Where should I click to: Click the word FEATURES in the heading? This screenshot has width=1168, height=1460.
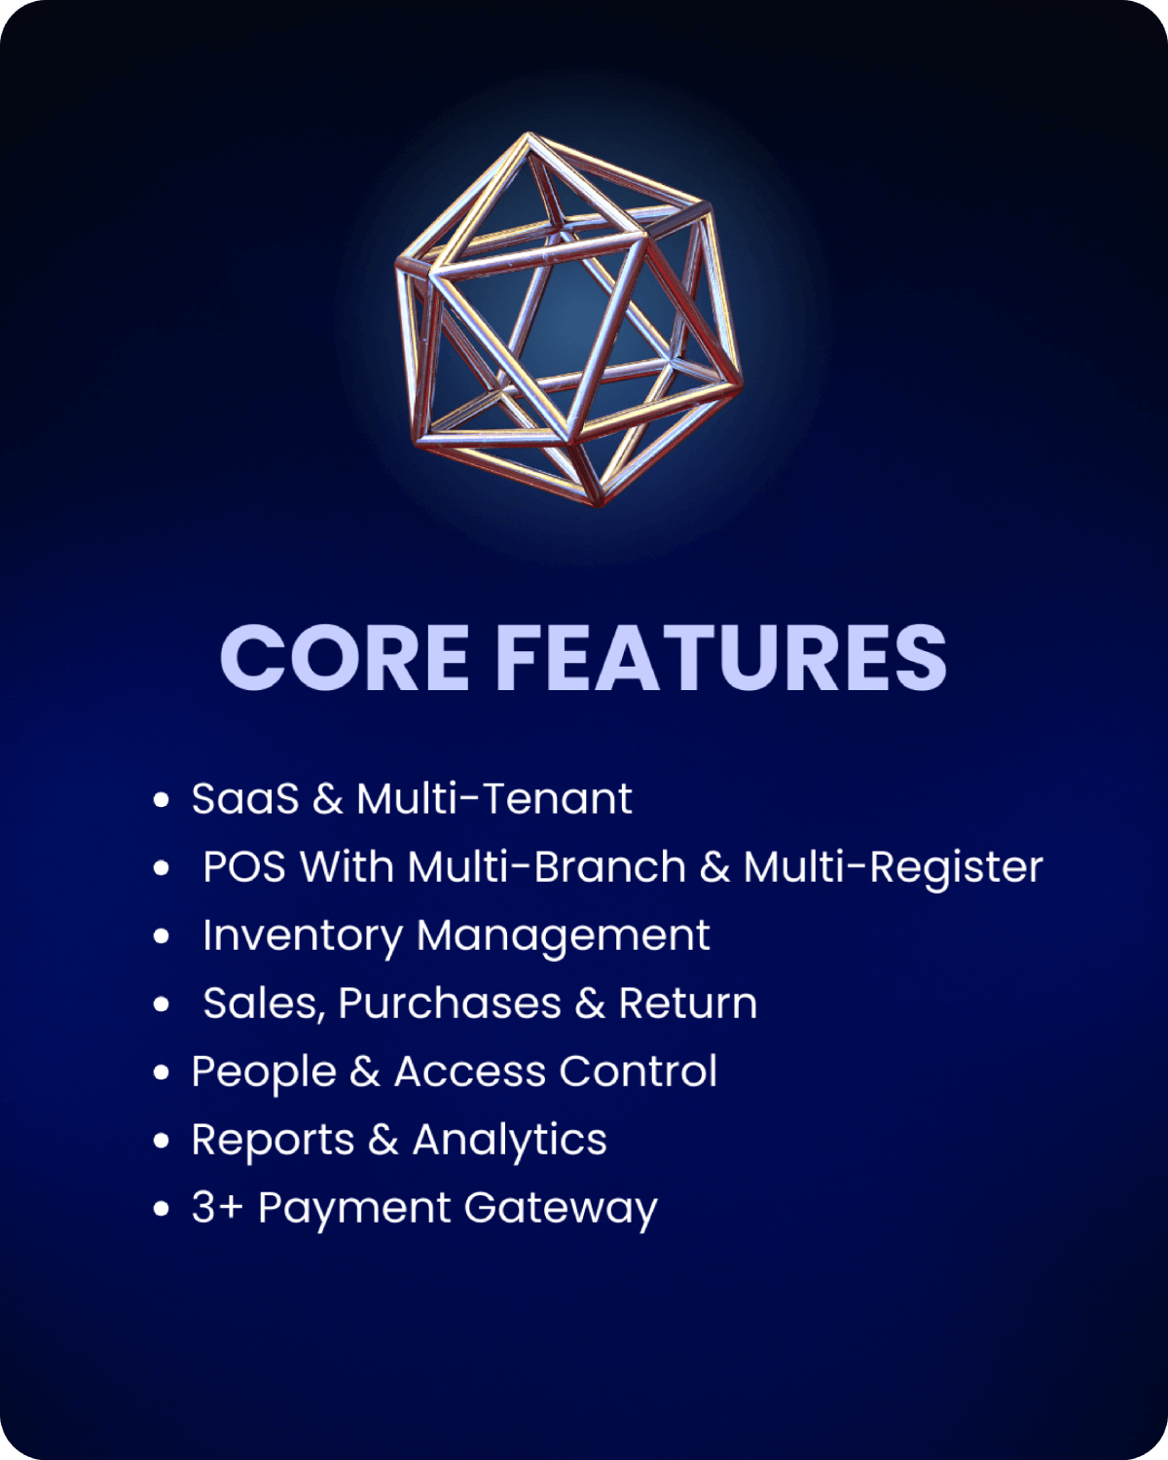tap(721, 657)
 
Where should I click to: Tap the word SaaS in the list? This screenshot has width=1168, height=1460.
tap(245, 798)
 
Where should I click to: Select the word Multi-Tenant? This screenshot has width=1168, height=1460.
tap(494, 798)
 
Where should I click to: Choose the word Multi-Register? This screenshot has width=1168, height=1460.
tap(894, 869)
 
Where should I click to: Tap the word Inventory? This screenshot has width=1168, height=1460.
tap(303, 937)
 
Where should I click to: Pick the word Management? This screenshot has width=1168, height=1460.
tap(564, 937)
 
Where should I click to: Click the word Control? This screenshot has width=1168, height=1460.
tap(638, 1072)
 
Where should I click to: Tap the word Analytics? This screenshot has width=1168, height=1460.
tap(510, 1142)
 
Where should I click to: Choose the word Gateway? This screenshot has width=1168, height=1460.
tap(561, 1210)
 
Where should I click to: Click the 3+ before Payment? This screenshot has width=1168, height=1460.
tap(217, 1208)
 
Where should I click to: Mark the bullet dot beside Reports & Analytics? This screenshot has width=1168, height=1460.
tap(161, 1141)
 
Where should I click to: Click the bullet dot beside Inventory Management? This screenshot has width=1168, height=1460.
tap(161, 936)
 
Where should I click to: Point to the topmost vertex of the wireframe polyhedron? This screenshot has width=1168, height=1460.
tap(528, 135)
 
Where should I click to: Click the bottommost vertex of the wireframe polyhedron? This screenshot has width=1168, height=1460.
tap(599, 502)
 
